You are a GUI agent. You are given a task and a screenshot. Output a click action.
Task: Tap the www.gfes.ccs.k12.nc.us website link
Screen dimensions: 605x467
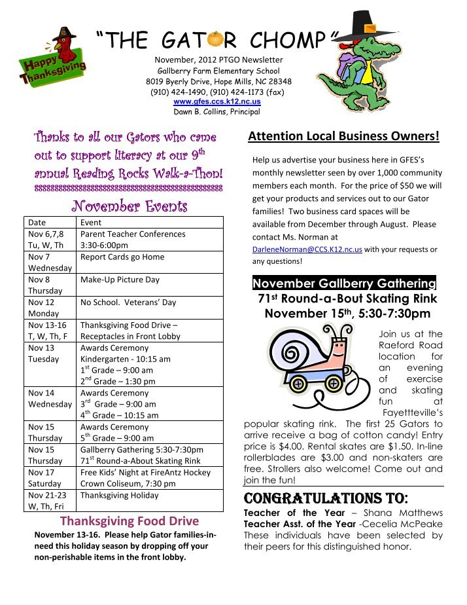[216, 102]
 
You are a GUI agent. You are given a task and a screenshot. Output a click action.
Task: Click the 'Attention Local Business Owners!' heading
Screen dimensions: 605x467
[343, 137]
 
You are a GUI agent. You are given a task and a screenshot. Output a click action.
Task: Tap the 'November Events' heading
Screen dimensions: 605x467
[129, 206]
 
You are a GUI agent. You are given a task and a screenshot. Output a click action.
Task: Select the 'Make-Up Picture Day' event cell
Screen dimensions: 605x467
[120, 280]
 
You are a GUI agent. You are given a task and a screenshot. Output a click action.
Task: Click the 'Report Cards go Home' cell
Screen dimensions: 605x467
[122, 257]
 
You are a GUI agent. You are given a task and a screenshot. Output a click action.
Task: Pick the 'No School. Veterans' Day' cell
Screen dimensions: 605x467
[128, 302]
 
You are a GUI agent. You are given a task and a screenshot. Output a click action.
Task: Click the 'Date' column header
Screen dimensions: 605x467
[37, 223]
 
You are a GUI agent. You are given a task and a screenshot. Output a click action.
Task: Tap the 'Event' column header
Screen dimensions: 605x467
[90, 223]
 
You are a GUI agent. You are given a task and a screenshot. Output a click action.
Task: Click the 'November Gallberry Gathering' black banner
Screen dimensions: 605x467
[344, 284]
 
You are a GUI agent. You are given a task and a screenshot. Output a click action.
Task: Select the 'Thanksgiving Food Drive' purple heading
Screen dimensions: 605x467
[129, 522]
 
